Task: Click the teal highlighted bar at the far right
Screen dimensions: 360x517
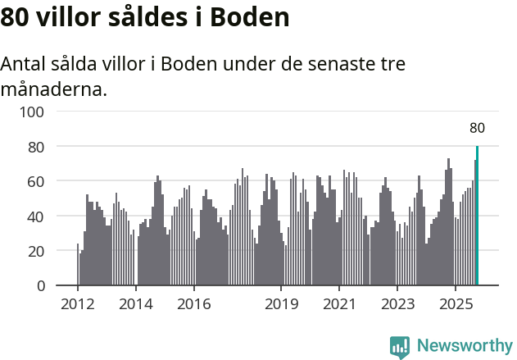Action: pyautogui.click(x=477, y=216)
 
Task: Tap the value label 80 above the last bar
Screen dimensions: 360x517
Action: pyautogui.click(x=477, y=128)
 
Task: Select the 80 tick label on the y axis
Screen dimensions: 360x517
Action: pyautogui.click(x=36, y=147)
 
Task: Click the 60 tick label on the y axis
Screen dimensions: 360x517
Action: pyautogui.click(x=36, y=181)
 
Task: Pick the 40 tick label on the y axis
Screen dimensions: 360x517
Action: pyautogui.click(x=36, y=216)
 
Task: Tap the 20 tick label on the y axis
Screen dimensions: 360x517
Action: pyautogui.click(x=36, y=251)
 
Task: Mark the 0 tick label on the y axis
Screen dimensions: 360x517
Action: pyautogui.click(x=40, y=286)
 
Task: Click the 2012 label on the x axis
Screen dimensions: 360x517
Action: pyautogui.click(x=78, y=304)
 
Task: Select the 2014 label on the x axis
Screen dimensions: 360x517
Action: pyautogui.click(x=136, y=304)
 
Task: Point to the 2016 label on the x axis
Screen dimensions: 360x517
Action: pyautogui.click(x=193, y=304)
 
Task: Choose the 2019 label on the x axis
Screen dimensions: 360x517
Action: pyautogui.click(x=281, y=304)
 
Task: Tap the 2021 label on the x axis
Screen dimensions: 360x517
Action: pyautogui.click(x=339, y=304)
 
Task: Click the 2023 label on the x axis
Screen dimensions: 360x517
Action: pyautogui.click(x=397, y=304)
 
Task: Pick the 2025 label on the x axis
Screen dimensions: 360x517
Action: pyautogui.click(x=456, y=304)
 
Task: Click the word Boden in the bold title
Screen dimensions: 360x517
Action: pyautogui.click(x=249, y=17)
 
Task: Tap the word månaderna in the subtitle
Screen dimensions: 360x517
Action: pyautogui.click(x=53, y=89)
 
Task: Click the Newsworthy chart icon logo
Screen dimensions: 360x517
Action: pyautogui.click(x=400, y=347)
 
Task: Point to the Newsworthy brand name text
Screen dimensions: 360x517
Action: pyautogui.click(x=464, y=346)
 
